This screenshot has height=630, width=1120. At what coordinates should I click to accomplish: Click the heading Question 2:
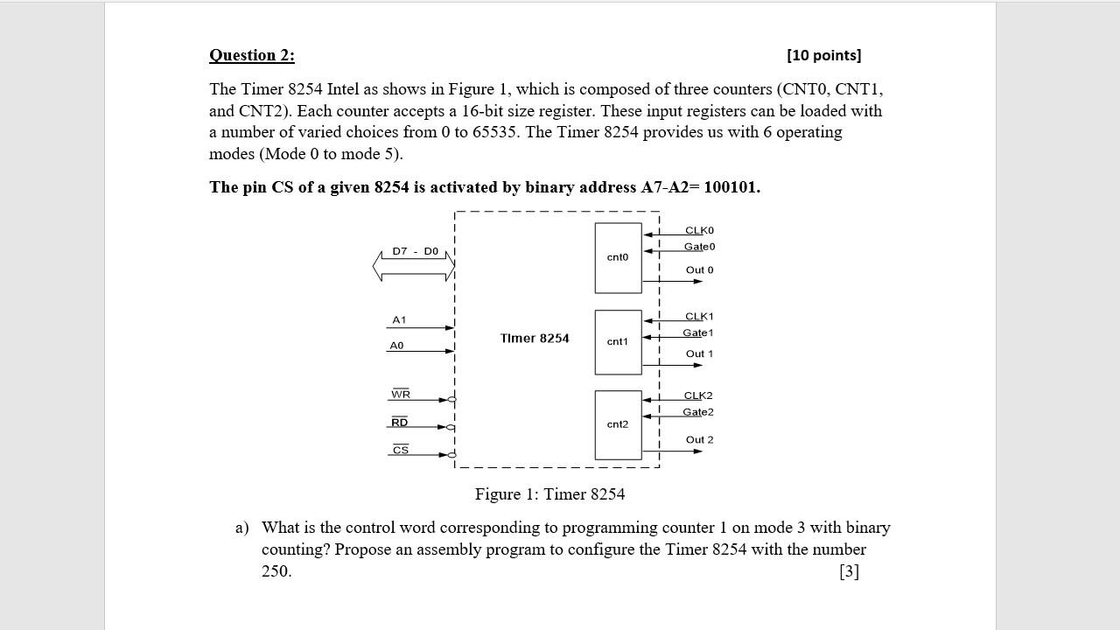tap(252, 55)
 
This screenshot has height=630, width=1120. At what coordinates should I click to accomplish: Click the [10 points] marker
tap(823, 55)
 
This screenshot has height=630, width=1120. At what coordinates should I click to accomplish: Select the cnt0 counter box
tap(618, 257)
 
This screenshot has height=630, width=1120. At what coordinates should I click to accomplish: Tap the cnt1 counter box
tap(618, 341)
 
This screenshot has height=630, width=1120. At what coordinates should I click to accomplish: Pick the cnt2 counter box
tap(618, 424)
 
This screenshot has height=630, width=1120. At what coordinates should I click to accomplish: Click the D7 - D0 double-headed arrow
tap(414, 266)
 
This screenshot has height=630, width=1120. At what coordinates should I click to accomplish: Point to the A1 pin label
tap(399, 320)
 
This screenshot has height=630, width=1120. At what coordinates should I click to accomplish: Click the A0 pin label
tap(396, 346)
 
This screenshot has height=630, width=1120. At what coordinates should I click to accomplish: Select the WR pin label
tap(401, 395)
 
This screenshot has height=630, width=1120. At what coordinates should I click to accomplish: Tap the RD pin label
tap(399, 423)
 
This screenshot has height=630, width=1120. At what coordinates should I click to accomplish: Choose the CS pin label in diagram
tap(401, 450)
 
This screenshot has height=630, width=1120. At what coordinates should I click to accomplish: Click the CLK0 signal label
tap(699, 230)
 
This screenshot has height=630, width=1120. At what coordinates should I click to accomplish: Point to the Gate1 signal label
tap(698, 332)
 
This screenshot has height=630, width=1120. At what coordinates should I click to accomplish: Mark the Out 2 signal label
tap(699, 439)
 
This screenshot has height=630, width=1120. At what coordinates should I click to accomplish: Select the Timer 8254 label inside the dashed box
tap(535, 339)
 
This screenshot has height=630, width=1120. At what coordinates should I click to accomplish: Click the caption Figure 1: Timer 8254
tap(549, 494)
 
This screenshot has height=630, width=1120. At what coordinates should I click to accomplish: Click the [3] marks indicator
tap(849, 571)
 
